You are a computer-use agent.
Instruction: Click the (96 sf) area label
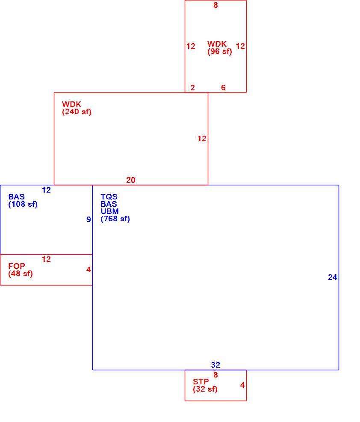pos(220,51)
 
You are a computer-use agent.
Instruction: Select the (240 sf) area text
pos(77,112)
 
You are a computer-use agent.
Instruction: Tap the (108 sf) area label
pos(23,204)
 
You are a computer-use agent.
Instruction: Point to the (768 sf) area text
pos(115,219)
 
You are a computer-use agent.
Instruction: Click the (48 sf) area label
pos(21,274)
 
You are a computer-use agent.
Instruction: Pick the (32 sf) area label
pos(205,389)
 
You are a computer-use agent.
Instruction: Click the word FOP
pos(17,266)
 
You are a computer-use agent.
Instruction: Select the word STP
pos(201,382)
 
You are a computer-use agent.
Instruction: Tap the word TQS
pos(109,197)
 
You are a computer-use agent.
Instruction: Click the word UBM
pos(110,211)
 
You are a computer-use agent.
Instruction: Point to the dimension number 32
pos(215,365)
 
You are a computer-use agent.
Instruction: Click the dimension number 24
pos(333,277)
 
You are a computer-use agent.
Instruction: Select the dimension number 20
pos(131,180)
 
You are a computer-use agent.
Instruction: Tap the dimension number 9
pos(89,219)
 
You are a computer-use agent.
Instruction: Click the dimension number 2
pos(192,87)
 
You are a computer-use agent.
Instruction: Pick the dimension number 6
pos(223,87)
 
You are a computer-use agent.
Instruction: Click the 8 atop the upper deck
pos(215,5)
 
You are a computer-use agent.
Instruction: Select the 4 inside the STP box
pos(242,385)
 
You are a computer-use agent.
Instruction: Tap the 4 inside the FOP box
pos(89,269)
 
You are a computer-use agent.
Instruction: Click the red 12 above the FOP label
pos(46,259)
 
